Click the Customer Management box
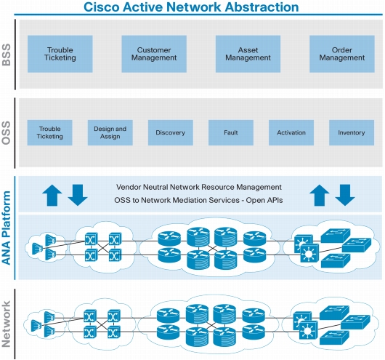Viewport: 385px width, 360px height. point(154,54)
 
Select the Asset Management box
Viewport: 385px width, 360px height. point(248,54)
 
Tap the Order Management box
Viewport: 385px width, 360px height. point(342,54)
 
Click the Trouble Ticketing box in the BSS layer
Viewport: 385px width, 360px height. point(60,54)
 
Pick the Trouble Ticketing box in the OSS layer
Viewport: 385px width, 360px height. point(49,132)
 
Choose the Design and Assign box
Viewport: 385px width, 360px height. point(110,132)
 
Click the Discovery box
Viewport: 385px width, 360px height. point(171,132)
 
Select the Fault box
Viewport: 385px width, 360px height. point(231,132)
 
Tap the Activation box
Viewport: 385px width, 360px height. point(291,132)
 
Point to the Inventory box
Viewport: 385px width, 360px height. point(352,132)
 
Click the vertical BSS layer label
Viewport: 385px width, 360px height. point(7,55)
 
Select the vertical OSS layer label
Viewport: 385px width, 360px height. point(7,133)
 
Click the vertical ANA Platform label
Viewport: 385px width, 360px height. point(7,228)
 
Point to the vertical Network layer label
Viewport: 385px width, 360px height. point(7,324)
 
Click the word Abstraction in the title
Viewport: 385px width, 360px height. point(262,7)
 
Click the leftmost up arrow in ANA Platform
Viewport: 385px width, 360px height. point(52,195)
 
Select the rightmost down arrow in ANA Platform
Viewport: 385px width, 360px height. point(345,195)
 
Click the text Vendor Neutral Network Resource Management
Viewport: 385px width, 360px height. point(199,187)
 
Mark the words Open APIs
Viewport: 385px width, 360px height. point(264,200)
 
